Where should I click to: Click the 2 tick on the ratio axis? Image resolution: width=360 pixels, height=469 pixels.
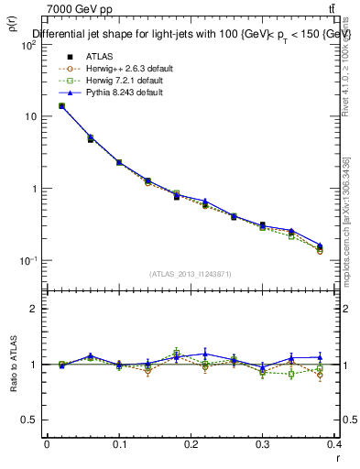[34, 309]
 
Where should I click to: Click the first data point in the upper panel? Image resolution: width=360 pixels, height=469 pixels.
[61, 105]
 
